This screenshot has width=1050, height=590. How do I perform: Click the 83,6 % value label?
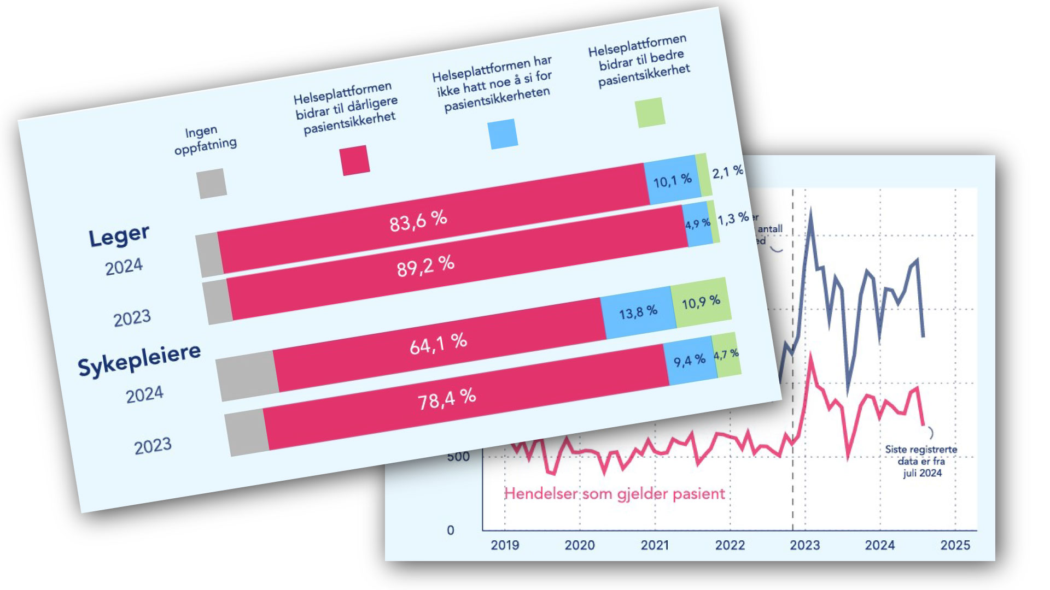[x=418, y=221]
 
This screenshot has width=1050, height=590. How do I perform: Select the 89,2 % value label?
[x=425, y=267]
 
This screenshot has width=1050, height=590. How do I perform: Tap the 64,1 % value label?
[x=438, y=344]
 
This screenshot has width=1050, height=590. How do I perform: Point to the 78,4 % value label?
[x=447, y=399]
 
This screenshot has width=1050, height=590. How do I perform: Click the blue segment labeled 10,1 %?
[x=672, y=180]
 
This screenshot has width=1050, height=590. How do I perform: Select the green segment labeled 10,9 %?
[x=701, y=302]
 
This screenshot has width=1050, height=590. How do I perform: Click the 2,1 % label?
[x=727, y=172]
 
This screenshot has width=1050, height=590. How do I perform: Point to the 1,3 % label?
[x=733, y=219]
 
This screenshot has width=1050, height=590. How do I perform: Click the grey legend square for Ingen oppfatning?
[x=212, y=184]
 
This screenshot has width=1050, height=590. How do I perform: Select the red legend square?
[x=354, y=161]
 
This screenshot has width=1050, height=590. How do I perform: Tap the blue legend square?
[x=503, y=134]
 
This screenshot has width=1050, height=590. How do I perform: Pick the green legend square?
[x=650, y=113]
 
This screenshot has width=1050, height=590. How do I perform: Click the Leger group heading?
[x=119, y=236]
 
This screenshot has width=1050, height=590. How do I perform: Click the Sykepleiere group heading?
[x=139, y=359]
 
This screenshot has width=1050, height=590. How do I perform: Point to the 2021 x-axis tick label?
[x=655, y=545]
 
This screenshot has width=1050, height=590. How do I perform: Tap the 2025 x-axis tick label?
[x=955, y=545]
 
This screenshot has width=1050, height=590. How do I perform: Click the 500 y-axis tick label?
[x=458, y=457]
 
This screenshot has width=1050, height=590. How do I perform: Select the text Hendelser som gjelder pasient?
[x=614, y=494]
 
